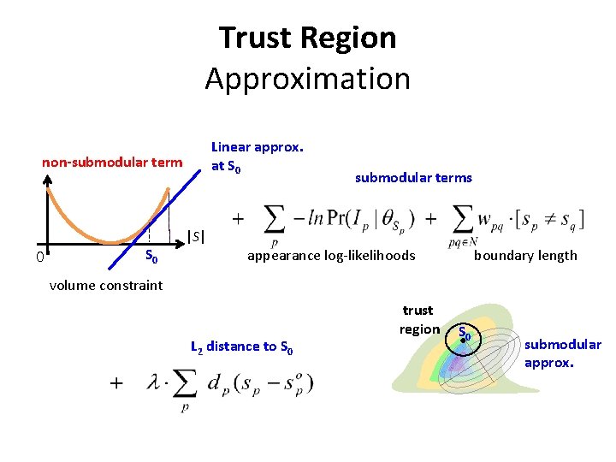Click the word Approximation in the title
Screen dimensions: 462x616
pyautogui.click(x=307, y=79)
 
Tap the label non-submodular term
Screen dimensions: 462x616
pyautogui.click(x=112, y=163)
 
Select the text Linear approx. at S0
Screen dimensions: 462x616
pyautogui.click(x=257, y=156)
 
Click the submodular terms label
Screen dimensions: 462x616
pyautogui.click(x=413, y=178)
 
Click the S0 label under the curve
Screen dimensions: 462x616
pyautogui.click(x=151, y=255)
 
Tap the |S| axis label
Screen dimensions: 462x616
pyautogui.click(x=196, y=235)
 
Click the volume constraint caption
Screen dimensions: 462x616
pyautogui.click(x=105, y=285)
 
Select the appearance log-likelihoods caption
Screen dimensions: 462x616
pyautogui.click(x=331, y=255)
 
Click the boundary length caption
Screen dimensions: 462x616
pyautogui.click(x=525, y=255)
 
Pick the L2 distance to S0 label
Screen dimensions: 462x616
pyautogui.click(x=243, y=346)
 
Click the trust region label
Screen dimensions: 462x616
pyautogui.click(x=418, y=319)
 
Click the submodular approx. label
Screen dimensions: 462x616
pyautogui.click(x=562, y=352)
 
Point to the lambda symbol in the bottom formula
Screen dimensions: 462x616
pyautogui.click(x=153, y=384)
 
